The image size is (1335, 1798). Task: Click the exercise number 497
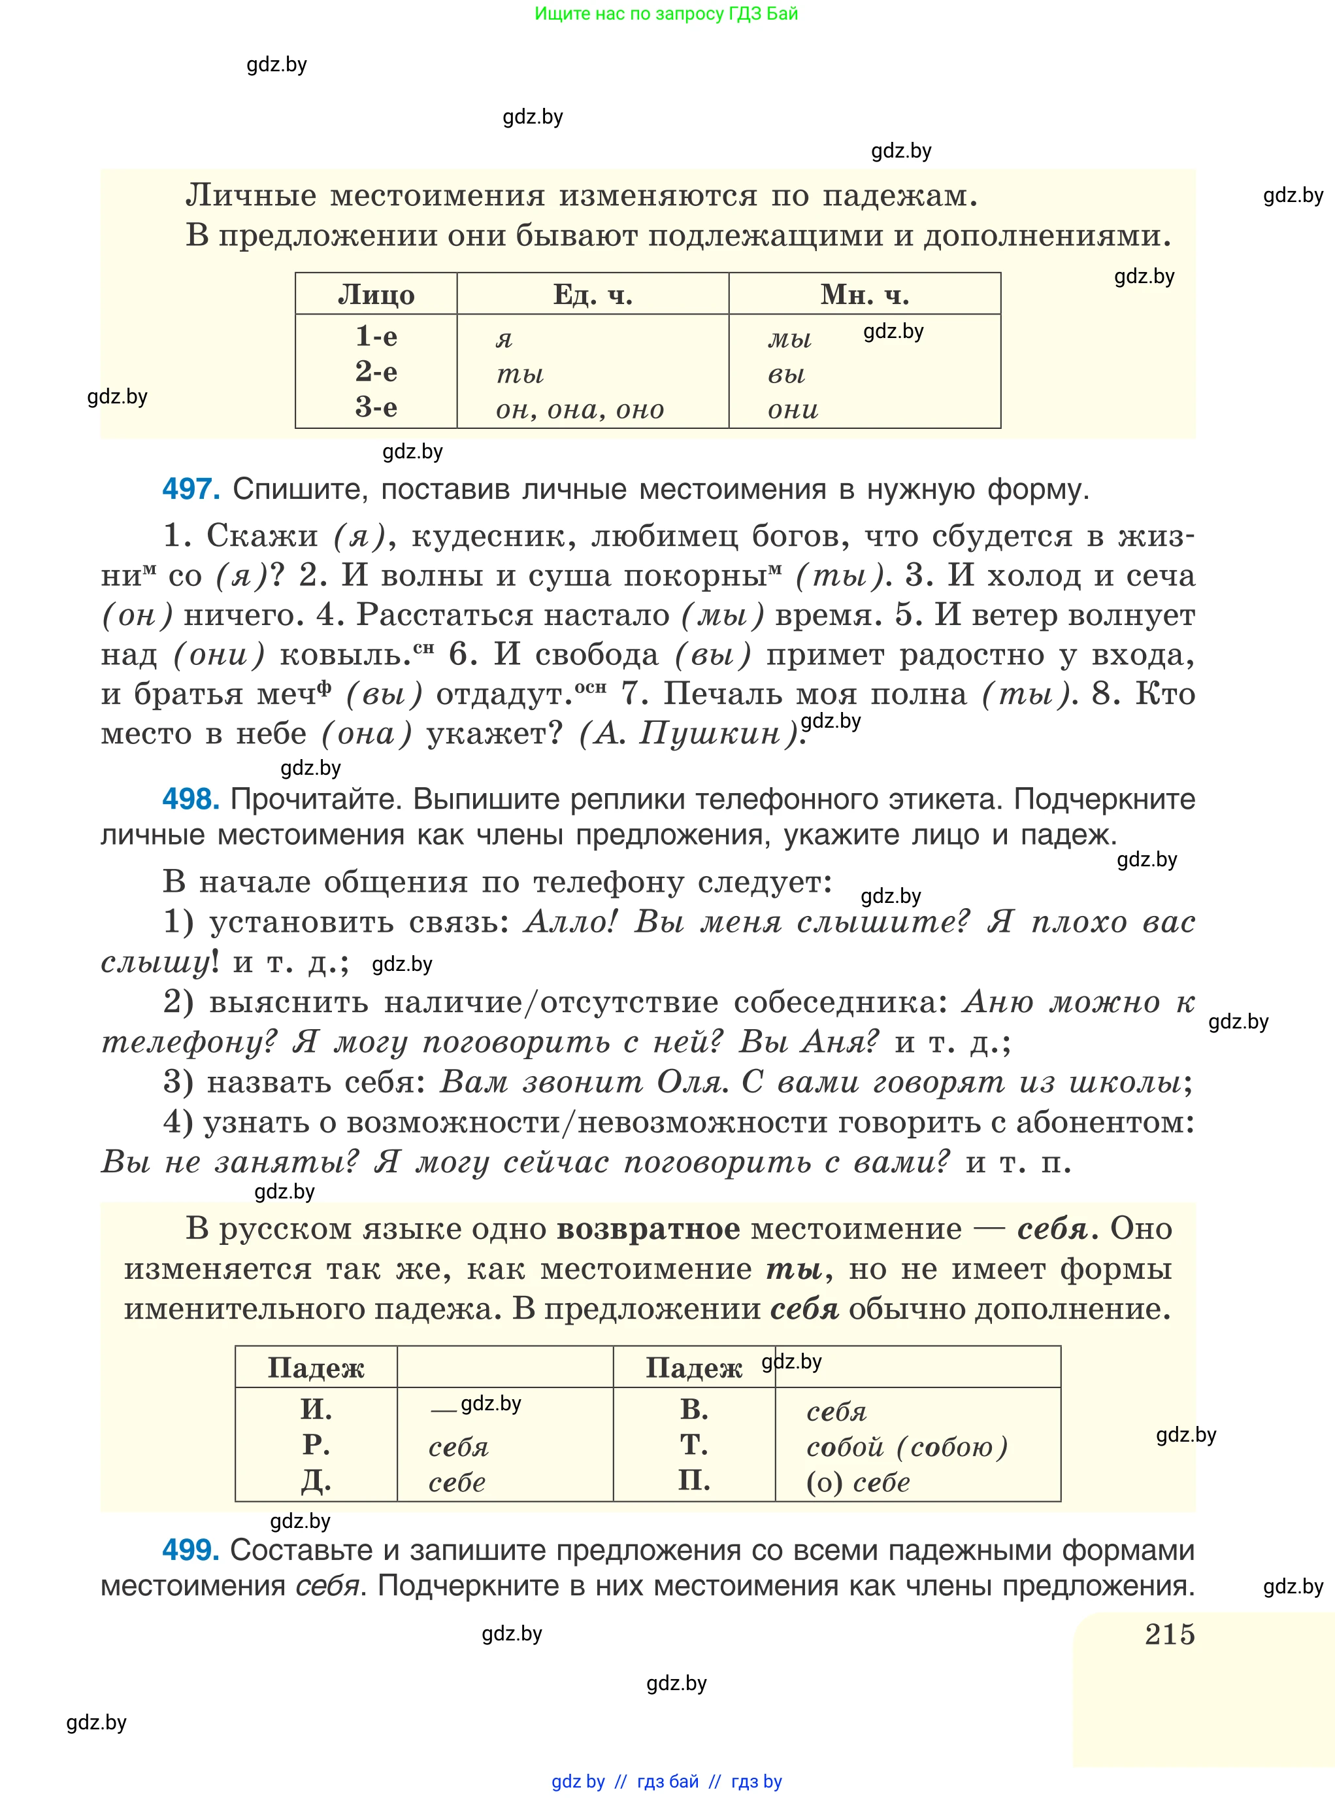[191, 489]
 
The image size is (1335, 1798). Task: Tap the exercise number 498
[191, 799]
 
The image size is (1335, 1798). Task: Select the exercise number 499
[191, 1550]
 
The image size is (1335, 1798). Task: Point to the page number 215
[1169, 1634]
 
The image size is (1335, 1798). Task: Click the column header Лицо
[376, 294]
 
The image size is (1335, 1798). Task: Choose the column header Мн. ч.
[865, 294]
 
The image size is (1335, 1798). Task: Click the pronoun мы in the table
[789, 338]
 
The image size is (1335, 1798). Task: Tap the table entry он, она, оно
[580, 409]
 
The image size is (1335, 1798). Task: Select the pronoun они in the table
[793, 409]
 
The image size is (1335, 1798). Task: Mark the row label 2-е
[376, 372]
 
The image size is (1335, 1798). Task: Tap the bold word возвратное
[648, 1229]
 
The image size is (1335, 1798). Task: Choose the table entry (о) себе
[858, 1482]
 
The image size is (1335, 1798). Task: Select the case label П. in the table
[693, 1480]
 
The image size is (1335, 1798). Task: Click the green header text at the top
[666, 14]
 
